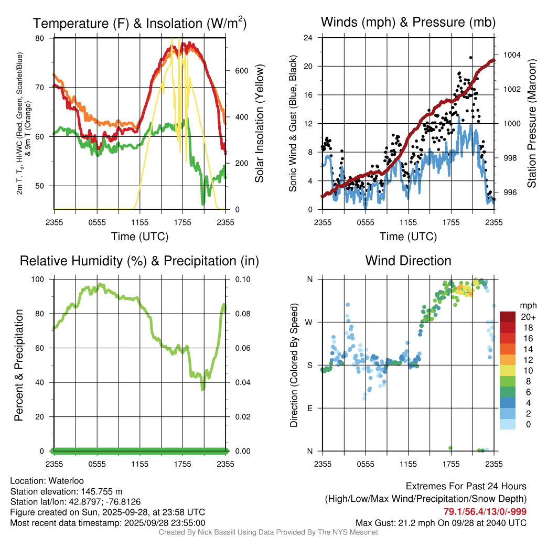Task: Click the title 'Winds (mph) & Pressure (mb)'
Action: [x=408, y=22]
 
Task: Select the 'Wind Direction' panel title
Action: [x=408, y=261]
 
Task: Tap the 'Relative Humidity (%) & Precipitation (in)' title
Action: [x=139, y=261]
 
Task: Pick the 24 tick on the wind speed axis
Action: [x=309, y=38]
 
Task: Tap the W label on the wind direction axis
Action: [x=310, y=322]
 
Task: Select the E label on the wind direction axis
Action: [x=310, y=408]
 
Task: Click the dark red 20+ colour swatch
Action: [x=508, y=317]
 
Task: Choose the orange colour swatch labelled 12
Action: [x=508, y=360]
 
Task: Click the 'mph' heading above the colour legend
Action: [x=527, y=305]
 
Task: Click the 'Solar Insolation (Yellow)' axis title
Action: [x=260, y=123]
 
